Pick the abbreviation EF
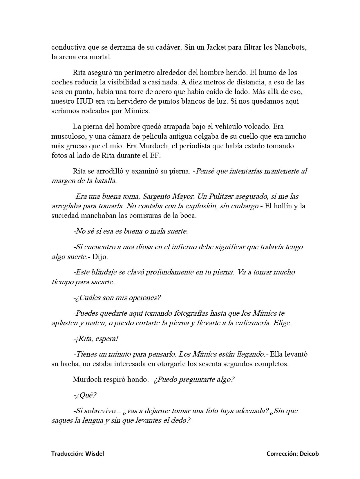pyautogui.click(x=155, y=156)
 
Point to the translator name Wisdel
pyautogui.click(x=94, y=453)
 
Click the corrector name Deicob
pyautogui.click(x=309, y=453)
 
